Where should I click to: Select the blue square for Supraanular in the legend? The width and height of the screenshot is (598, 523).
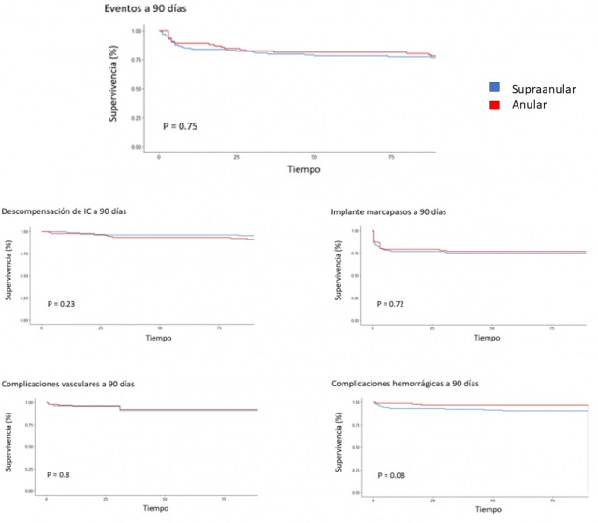(494, 86)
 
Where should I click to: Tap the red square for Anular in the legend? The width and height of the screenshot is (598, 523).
(494, 104)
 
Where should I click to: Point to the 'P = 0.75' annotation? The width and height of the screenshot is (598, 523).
(181, 125)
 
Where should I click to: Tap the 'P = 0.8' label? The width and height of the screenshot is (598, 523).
(59, 475)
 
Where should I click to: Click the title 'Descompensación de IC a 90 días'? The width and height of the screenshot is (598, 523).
(67, 211)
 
